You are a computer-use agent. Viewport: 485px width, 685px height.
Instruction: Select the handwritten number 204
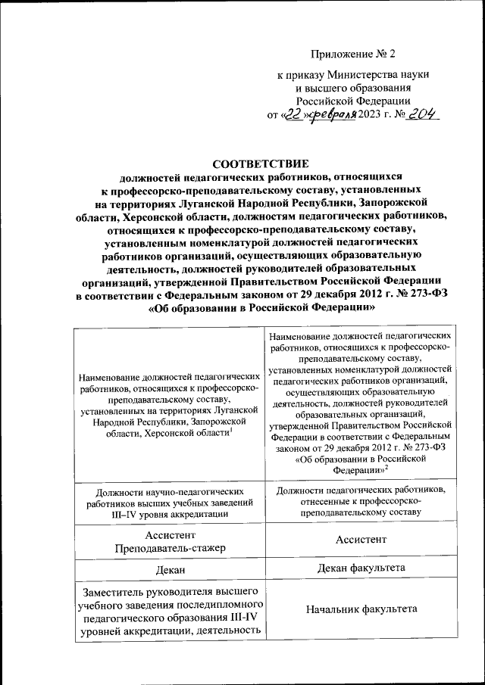pyautogui.click(x=421, y=114)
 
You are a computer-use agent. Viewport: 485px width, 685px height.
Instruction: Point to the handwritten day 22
pyautogui.click(x=292, y=114)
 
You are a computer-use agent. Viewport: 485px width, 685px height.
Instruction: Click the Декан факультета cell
pyautogui.click(x=360, y=567)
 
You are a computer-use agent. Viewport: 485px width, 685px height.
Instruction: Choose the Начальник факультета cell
pyautogui.click(x=360, y=609)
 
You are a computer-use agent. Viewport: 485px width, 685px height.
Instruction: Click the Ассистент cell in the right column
pyautogui.click(x=360, y=540)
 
